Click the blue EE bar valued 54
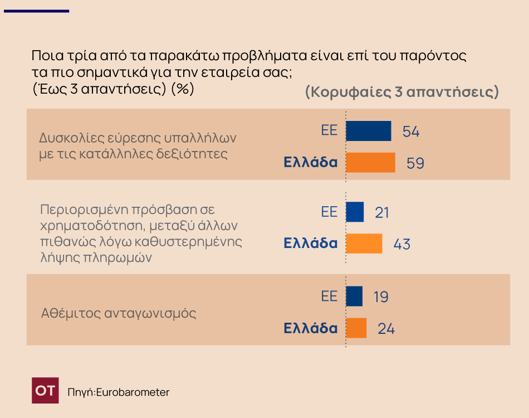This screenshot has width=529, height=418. click(368, 131)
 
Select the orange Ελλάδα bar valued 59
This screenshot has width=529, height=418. click(370, 163)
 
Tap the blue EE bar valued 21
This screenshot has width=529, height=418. click(355, 212)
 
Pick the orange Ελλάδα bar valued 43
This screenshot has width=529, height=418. click(364, 244)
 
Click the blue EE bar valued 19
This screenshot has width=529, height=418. click(354, 296)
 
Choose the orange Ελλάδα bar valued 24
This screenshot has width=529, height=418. click(356, 328)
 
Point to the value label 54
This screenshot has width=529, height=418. click(410, 132)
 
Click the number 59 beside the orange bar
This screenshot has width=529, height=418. click(415, 163)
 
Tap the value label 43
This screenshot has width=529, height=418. click(401, 244)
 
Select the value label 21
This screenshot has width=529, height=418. click(381, 212)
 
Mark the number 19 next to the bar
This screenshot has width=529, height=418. click(380, 297)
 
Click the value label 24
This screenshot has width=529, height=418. click(386, 328)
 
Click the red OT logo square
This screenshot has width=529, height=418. click(45, 390)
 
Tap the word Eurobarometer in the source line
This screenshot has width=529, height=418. click(133, 392)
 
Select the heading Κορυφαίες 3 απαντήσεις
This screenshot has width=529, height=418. click(401, 92)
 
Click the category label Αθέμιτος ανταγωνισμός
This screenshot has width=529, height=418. click(119, 313)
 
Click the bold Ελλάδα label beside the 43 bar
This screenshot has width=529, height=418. click(310, 244)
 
